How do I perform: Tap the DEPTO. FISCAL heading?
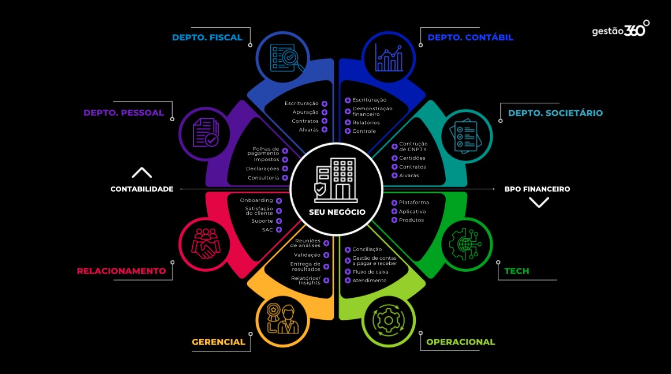click(207, 38)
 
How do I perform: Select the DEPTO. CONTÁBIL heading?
click(470, 38)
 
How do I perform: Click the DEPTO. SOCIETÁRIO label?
click(555, 113)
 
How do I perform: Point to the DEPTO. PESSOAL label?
click(124, 113)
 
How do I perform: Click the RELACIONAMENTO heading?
click(121, 271)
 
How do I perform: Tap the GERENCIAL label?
click(218, 342)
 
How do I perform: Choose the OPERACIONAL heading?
click(460, 342)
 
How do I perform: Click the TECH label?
click(516, 271)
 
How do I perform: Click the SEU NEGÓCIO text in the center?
click(337, 212)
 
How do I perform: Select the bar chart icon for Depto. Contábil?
click(389, 57)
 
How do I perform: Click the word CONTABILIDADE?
click(142, 189)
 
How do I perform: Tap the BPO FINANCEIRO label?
click(537, 189)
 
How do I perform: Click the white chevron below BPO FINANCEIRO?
click(539, 202)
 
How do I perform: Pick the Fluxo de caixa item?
click(370, 271)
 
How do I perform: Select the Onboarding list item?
click(256, 200)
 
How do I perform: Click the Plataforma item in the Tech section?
click(413, 203)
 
